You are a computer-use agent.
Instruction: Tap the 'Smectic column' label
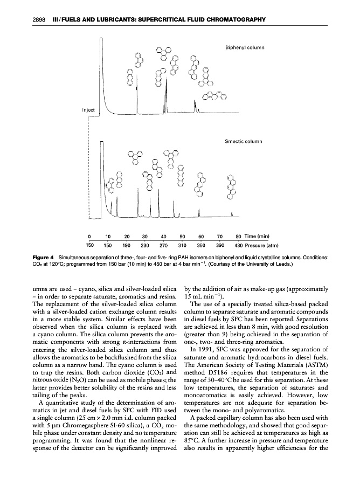click(x=243, y=142)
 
